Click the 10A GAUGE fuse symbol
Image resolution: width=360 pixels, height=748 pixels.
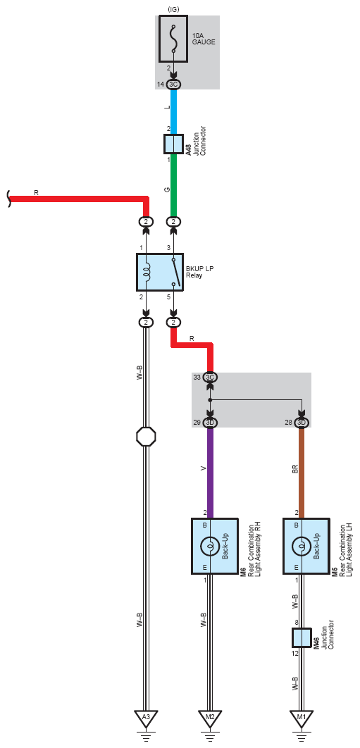(x=173, y=39)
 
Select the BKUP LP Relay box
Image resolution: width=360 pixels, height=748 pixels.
(x=160, y=272)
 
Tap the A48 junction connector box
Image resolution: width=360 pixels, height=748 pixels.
(x=174, y=144)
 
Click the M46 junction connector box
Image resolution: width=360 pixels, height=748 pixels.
(x=302, y=638)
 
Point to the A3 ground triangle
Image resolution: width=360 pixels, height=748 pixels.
(x=146, y=718)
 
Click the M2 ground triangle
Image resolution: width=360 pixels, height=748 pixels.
(x=209, y=718)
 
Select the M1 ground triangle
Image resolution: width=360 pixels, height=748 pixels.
(x=302, y=718)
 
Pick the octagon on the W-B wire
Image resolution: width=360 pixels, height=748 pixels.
(x=146, y=436)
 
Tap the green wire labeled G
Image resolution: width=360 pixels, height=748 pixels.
(x=174, y=185)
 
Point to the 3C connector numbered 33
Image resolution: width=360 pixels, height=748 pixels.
(x=210, y=378)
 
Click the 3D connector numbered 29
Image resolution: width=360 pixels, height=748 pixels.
(x=210, y=423)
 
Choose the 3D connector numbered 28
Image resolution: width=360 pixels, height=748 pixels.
(x=302, y=423)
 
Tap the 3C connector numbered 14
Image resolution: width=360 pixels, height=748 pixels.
(x=173, y=85)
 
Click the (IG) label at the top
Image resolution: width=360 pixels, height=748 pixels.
(x=173, y=9)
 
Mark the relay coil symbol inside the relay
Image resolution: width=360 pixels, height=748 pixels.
(x=147, y=273)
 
